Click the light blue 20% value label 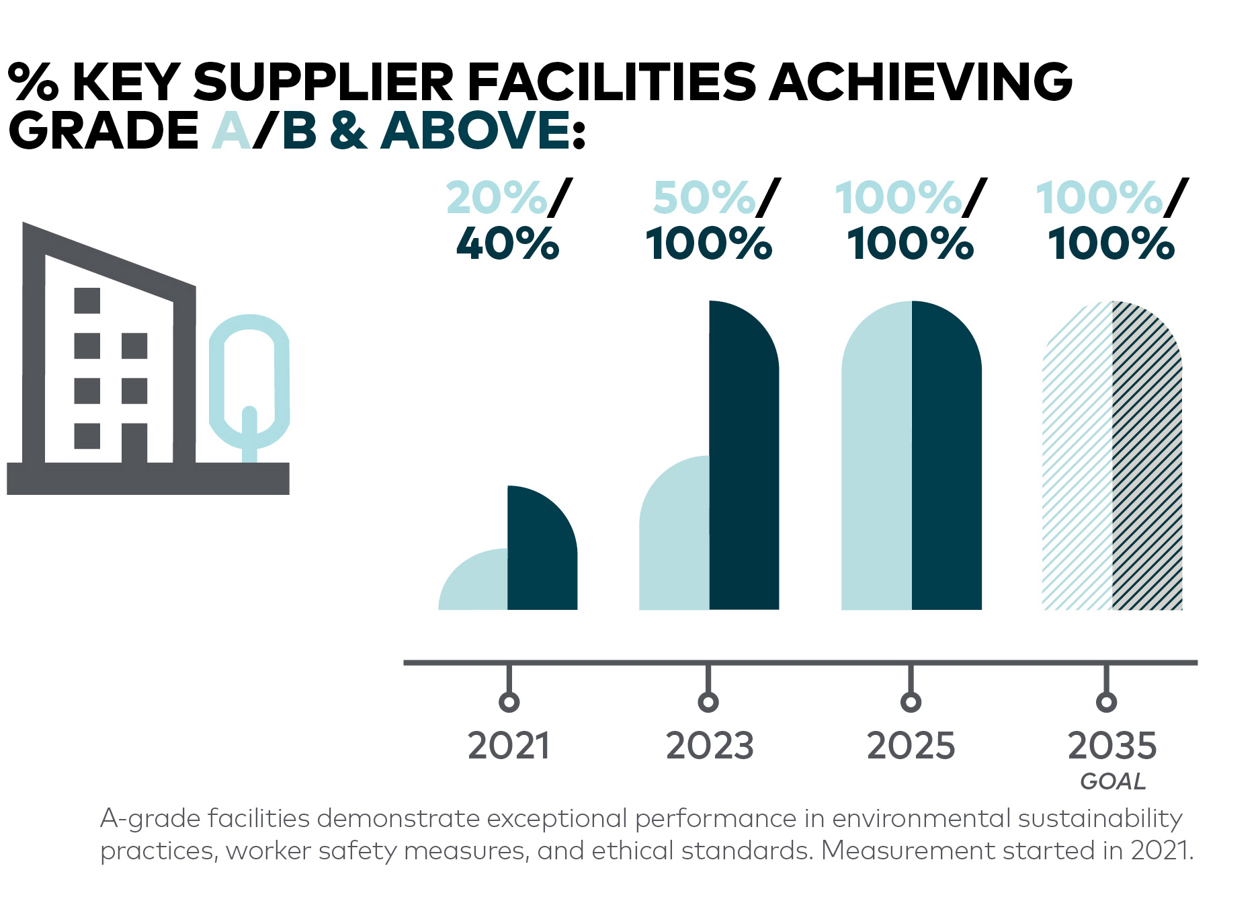497,198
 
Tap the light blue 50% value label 704,198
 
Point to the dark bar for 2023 744,457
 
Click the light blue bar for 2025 876,457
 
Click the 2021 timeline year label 509,746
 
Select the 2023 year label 709,746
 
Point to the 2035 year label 1112,746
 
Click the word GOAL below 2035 1113,781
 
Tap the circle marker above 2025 911,702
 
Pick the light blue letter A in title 231,130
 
